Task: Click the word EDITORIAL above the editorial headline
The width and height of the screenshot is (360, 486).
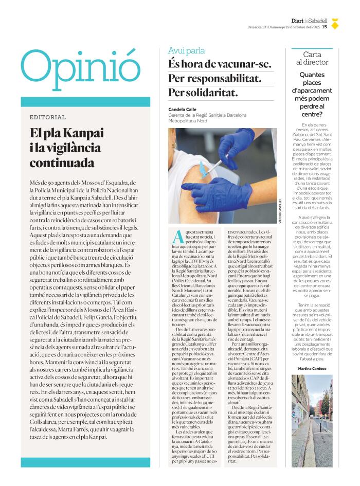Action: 48,117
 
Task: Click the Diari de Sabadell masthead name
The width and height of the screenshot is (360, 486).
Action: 309,21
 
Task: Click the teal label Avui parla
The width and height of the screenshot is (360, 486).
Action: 186,50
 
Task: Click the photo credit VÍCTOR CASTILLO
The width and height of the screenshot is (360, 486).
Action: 281,211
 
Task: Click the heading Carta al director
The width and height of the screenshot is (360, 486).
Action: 312,58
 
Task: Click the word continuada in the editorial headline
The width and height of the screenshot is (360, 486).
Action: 62,163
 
